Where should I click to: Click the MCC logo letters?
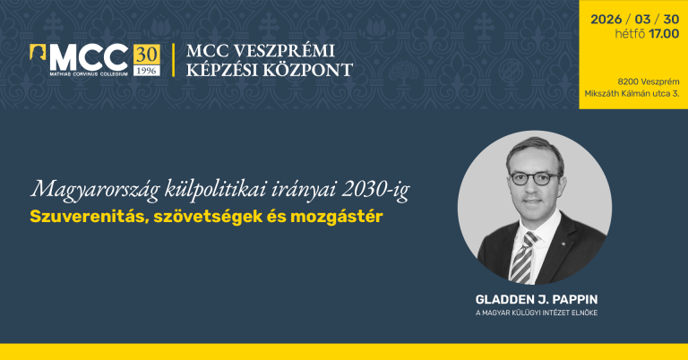(x=85, y=56)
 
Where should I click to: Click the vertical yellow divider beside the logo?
(x=173, y=59)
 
